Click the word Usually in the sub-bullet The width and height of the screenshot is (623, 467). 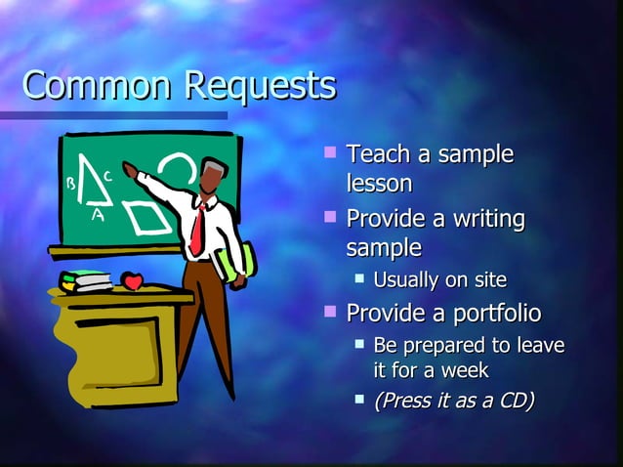407,281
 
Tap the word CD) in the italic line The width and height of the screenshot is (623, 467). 512,402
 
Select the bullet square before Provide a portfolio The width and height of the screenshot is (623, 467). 331,313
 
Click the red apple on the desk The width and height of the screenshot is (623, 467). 133,281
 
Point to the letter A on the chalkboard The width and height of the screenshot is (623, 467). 97,214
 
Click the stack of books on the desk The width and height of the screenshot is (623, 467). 86,281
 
